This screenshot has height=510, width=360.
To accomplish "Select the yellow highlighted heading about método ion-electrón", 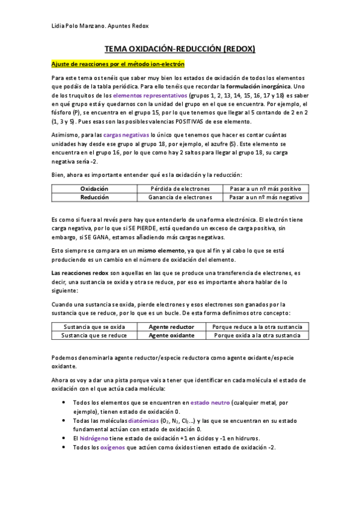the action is pos(118,64).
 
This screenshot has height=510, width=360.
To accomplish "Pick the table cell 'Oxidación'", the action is pos(94,189).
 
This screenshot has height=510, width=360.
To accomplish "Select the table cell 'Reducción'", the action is pos(94,197).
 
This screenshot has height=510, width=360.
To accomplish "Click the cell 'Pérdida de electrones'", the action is pos(180,189).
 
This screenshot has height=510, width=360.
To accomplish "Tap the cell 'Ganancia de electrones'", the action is pos(180,197).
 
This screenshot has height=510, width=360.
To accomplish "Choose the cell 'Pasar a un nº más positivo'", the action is pos(266,189).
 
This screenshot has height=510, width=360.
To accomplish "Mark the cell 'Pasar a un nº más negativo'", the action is pos(266,197).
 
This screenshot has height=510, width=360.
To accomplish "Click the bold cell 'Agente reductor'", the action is pos(171,327).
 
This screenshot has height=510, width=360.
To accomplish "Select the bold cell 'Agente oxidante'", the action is pos(171,335).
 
